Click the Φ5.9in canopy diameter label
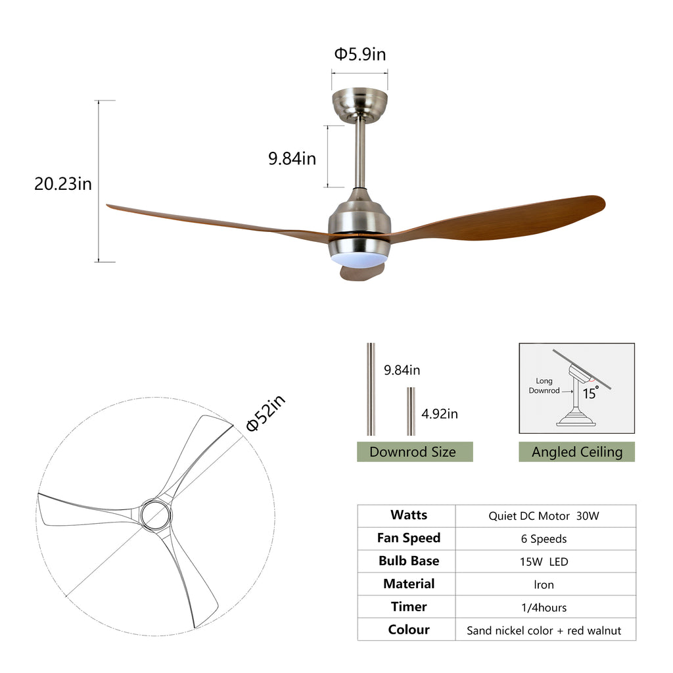(x=360, y=55)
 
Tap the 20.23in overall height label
(x=63, y=184)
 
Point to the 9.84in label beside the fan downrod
(x=292, y=158)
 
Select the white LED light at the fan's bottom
(x=360, y=260)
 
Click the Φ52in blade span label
(x=266, y=413)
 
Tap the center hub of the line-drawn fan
(x=155, y=515)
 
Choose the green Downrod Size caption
(x=415, y=452)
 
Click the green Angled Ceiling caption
(x=577, y=452)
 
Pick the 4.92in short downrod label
(x=440, y=414)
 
